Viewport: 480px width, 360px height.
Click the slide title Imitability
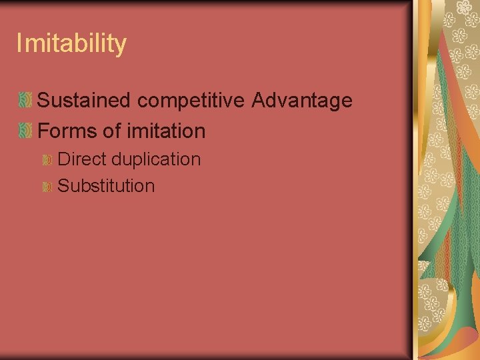71,44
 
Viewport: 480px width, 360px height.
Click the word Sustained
86,101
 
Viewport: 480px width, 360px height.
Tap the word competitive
193,101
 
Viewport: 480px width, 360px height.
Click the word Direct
83,159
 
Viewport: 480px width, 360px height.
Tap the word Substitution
106,186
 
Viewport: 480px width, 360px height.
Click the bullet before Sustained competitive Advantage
25,101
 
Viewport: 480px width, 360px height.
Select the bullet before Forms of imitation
25,131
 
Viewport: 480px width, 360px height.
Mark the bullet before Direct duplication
47,160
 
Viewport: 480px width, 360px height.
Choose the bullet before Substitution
47,187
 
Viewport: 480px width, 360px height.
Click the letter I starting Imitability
19,44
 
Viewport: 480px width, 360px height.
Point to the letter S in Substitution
64,186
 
